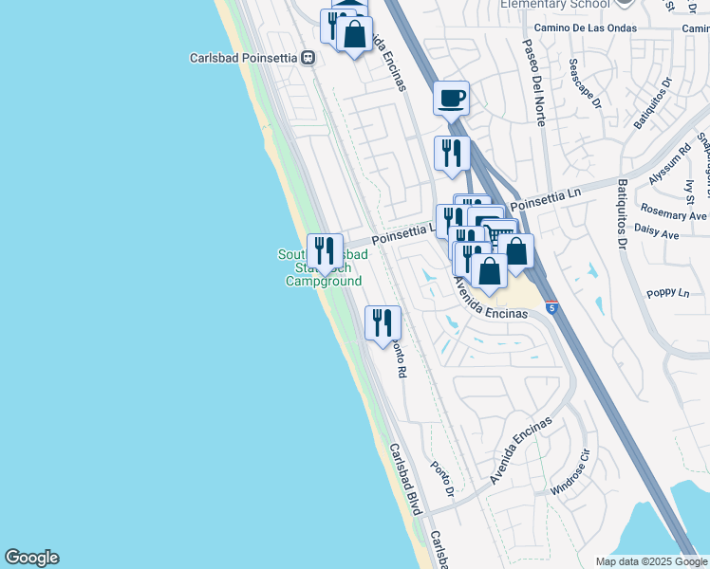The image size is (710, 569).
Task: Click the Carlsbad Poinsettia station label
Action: (x=244, y=58)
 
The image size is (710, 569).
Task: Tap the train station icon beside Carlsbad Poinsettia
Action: (x=308, y=58)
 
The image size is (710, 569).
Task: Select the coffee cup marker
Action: (x=452, y=98)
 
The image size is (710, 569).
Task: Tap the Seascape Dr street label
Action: (x=585, y=84)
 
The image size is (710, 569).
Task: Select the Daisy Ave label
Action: (x=682, y=233)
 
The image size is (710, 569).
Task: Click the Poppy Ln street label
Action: (x=670, y=293)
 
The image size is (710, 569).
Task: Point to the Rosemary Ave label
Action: (x=674, y=215)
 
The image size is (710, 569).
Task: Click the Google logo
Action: (x=31, y=558)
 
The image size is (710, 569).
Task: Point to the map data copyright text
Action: (x=651, y=561)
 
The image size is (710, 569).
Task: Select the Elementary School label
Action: (x=554, y=5)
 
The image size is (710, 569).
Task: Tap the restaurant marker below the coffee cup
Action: (x=452, y=154)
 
